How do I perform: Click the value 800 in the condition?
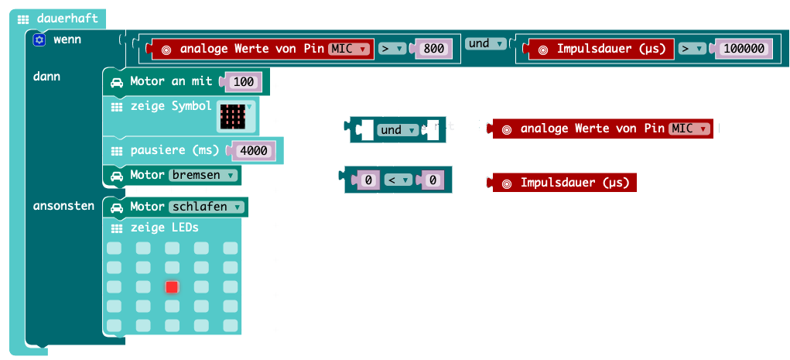click(x=434, y=49)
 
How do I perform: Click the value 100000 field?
click(x=744, y=49)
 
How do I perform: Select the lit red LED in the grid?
click(x=172, y=287)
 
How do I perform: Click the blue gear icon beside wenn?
click(x=40, y=39)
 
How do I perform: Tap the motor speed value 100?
click(x=243, y=81)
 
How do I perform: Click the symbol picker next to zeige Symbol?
click(x=237, y=115)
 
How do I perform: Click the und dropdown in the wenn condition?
click(x=486, y=44)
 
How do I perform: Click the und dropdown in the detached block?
click(x=398, y=130)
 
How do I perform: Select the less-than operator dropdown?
click(x=395, y=180)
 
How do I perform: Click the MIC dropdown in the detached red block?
click(x=691, y=129)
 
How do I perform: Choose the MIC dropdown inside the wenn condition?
click(x=351, y=49)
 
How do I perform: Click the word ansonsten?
click(x=63, y=206)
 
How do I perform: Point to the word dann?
click(x=46, y=77)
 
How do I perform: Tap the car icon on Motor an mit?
click(x=117, y=81)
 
